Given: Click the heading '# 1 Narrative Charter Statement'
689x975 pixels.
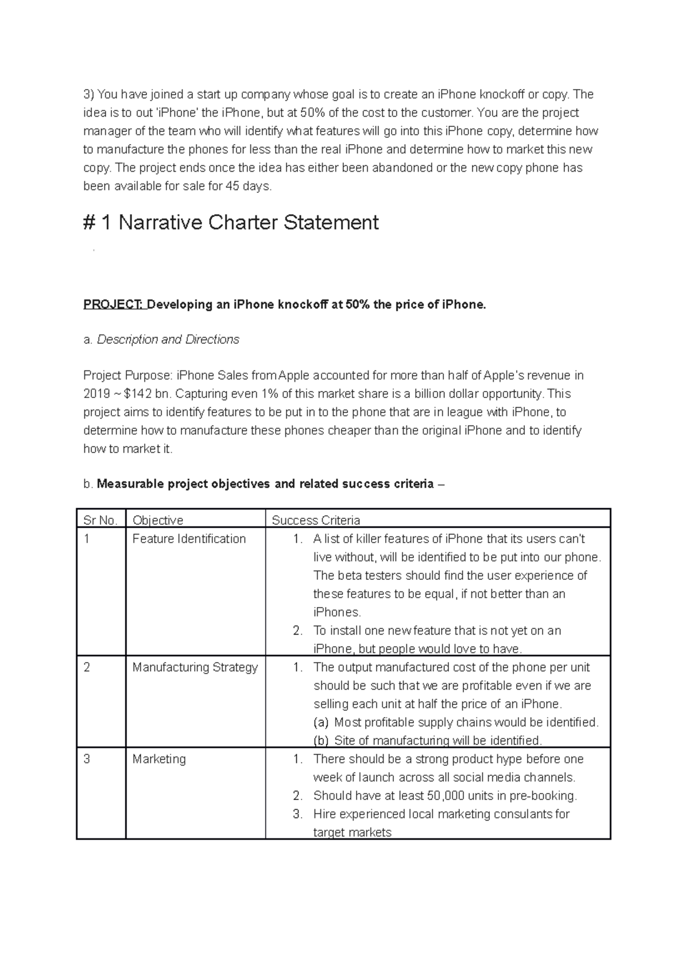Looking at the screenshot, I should point(231,223).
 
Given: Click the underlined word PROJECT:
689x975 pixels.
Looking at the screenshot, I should point(114,305).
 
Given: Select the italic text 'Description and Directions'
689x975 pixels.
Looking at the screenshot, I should point(168,340).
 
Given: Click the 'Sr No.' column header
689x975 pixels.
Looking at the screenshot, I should point(100,520).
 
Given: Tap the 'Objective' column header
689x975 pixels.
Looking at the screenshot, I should point(158,520).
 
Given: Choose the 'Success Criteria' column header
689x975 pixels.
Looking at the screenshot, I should point(316,520).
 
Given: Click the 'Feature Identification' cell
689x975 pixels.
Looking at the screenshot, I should point(189,539).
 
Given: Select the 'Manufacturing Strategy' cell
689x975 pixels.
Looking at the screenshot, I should point(195,667).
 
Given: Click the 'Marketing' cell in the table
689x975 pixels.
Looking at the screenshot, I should point(159,759).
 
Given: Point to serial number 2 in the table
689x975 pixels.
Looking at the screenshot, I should point(87,667).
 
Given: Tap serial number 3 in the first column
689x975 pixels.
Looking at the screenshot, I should point(87,759).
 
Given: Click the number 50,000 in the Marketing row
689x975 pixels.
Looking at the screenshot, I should point(446,796).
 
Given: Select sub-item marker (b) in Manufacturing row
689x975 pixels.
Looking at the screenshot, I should point(321,740).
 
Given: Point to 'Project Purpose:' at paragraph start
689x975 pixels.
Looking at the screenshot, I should point(127,376).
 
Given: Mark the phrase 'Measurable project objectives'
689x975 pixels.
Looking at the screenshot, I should point(183,484).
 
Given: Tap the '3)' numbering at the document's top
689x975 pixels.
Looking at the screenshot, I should point(89,95).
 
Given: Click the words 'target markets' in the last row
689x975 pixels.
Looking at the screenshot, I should point(352,833).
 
